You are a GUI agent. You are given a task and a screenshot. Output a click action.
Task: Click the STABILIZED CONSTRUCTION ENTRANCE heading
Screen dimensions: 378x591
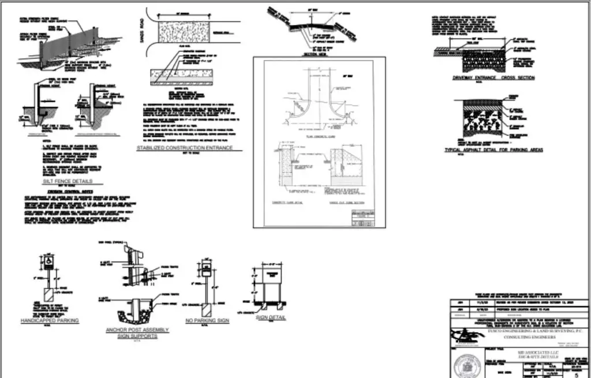click(x=184, y=148)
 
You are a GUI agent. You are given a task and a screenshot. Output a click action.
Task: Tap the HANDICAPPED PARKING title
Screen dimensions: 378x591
click(x=50, y=320)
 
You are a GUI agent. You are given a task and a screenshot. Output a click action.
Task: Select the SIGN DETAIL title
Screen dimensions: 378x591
click(x=269, y=318)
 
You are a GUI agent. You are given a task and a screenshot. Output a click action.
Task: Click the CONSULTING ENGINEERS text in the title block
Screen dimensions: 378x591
click(x=518, y=338)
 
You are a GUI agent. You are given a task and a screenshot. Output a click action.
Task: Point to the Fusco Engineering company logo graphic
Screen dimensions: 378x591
click(x=462, y=334)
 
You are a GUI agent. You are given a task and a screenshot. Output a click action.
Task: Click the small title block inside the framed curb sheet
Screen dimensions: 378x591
click(x=360, y=218)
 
